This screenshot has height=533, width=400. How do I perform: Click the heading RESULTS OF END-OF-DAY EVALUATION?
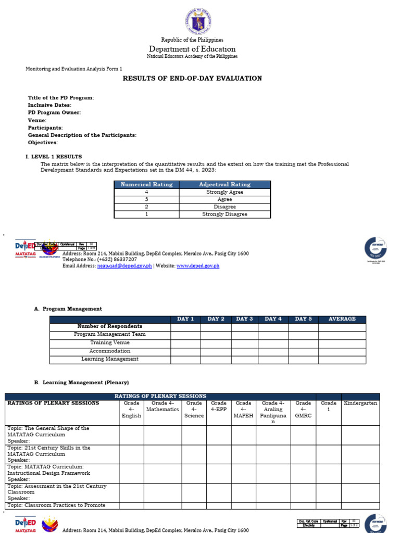pyautogui.click(x=192, y=79)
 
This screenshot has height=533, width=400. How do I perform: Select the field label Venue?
pyautogui.click(x=37, y=120)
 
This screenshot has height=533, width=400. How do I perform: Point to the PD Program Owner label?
pyautogui.click(x=54, y=113)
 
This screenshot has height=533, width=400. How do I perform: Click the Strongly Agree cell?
pyautogui.click(x=224, y=192)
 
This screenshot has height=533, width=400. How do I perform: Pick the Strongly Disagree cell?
pyautogui.click(x=224, y=214)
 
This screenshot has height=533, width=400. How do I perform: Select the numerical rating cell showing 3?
pyautogui.click(x=146, y=199)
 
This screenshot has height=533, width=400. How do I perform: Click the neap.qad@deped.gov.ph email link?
pyautogui.click(x=124, y=266)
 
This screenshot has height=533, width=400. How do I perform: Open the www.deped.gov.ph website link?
pyautogui.click(x=198, y=266)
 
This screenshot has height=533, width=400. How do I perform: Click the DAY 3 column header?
pyautogui.click(x=244, y=319)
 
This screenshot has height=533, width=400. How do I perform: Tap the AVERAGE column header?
pyautogui.click(x=342, y=319)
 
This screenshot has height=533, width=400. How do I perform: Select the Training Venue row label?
pyautogui.click(x=110, y=343)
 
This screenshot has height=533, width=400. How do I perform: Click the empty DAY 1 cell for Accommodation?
pyautogui.click(x=185, y=351)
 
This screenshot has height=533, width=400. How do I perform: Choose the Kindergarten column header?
pyautogui.click(x=360, y=403)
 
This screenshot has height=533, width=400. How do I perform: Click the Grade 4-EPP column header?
pyautogui.click(x=219, y=407)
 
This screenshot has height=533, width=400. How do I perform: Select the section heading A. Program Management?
pyautogui.click(x=68, y=309)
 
